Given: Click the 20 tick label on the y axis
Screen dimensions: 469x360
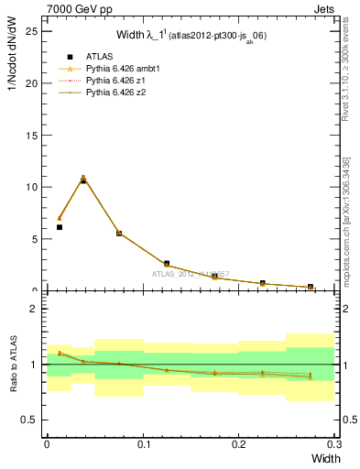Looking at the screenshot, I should (x=32, y=83).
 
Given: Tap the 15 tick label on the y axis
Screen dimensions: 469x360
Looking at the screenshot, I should (x=32, y=135).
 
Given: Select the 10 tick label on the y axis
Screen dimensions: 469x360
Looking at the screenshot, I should (x=32, y=187).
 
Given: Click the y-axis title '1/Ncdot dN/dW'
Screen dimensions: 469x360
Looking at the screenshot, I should (x=10, y=55).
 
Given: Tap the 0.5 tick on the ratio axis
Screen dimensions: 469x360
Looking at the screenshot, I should (x=30, y=420).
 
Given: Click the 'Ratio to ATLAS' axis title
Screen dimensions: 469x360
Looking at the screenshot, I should (x=10, y=365).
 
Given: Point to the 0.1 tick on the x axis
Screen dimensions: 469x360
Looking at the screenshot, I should (x=143, y=443).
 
